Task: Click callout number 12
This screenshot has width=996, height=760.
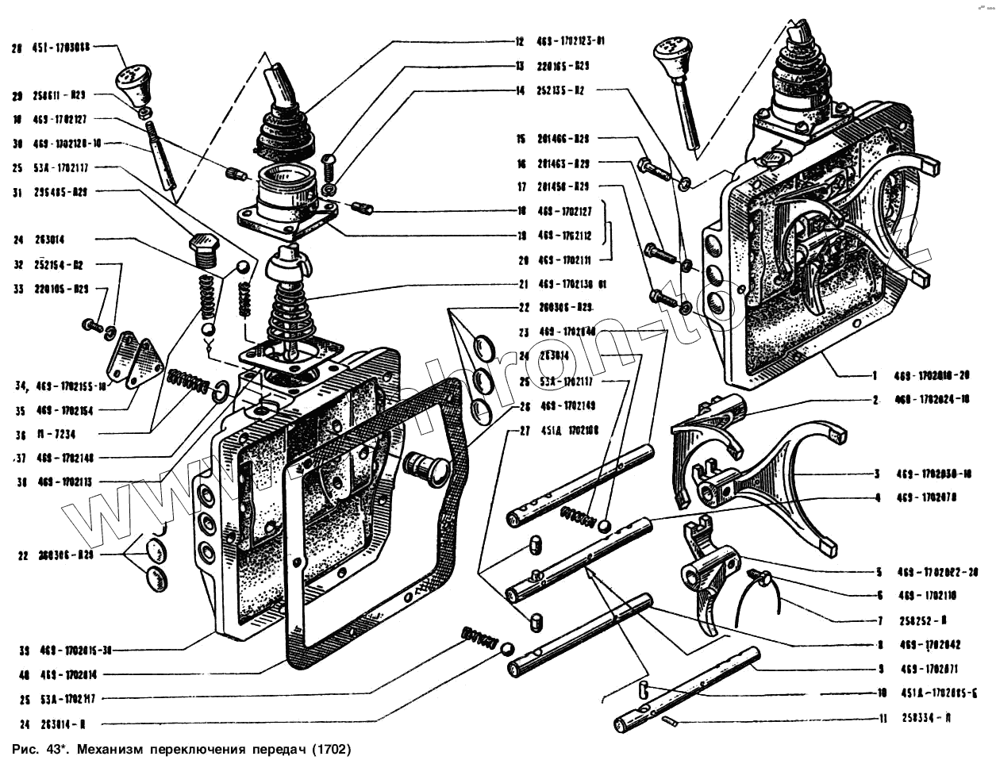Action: [520, 41]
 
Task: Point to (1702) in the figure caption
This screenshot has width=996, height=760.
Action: [329, 748]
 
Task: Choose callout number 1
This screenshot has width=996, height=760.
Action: [875, 376]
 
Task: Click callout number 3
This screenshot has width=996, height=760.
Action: [876, 474]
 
